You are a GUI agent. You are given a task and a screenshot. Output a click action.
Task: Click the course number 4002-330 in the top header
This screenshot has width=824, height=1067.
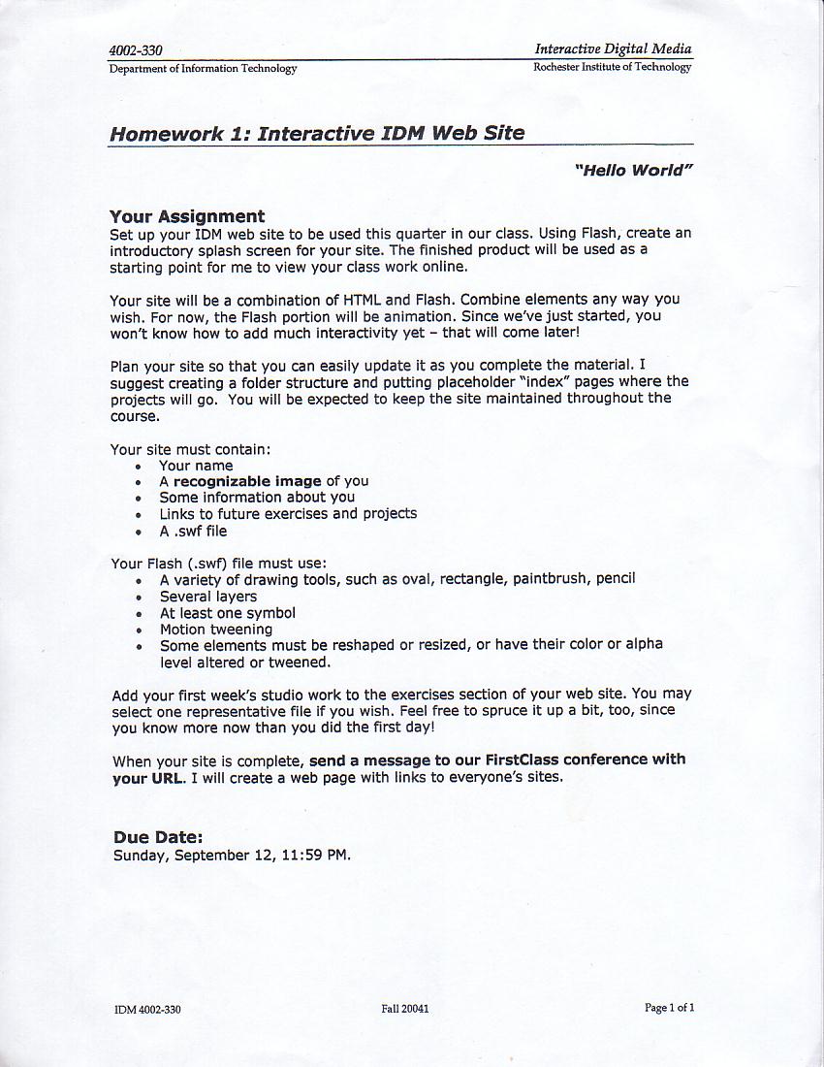136,51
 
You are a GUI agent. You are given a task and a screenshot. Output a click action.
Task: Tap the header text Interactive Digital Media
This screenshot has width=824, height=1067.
613,48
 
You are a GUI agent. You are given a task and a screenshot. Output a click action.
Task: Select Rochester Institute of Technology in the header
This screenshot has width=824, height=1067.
612,67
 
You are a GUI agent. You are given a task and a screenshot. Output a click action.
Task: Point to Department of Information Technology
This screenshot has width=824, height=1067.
203,69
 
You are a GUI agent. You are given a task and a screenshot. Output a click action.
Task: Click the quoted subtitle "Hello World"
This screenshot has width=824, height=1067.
634,171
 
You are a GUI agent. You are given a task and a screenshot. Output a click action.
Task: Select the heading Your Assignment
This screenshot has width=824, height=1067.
186,216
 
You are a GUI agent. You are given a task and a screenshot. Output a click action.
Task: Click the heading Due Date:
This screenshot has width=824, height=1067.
158,837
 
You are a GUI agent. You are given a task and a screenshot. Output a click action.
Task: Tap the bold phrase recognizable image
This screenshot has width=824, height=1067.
247,481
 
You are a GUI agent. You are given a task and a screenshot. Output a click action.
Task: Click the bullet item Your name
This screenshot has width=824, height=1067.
196,466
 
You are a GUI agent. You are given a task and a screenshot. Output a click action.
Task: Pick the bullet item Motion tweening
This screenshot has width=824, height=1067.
216,629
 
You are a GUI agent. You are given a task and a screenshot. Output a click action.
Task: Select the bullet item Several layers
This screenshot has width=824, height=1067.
208,597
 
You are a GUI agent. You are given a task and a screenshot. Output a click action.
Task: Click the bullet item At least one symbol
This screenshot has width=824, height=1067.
228,613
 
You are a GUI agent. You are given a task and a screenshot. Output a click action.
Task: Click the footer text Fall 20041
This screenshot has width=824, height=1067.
405,1009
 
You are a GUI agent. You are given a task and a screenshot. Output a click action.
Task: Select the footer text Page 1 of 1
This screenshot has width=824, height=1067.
669,1008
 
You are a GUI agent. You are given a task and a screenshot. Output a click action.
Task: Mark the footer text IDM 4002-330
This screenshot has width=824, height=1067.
147,1010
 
